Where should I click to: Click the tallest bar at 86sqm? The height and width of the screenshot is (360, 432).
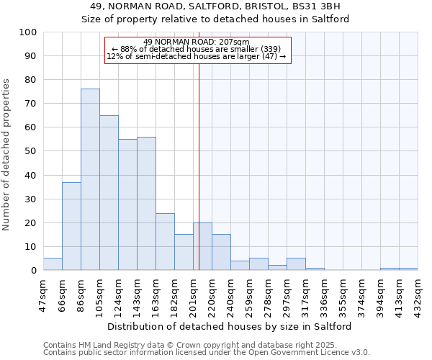click(x=90, y=179)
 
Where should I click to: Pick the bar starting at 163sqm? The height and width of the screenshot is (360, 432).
click(x=165, y=241)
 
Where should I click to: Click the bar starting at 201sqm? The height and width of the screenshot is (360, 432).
click(x=202, y=246)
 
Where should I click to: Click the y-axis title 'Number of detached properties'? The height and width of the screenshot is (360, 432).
click(x=7, y=155)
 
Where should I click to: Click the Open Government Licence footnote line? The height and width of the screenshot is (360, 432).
click(x=207, y=353)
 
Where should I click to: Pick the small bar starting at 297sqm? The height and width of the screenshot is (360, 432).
click(x=296, y=264)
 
